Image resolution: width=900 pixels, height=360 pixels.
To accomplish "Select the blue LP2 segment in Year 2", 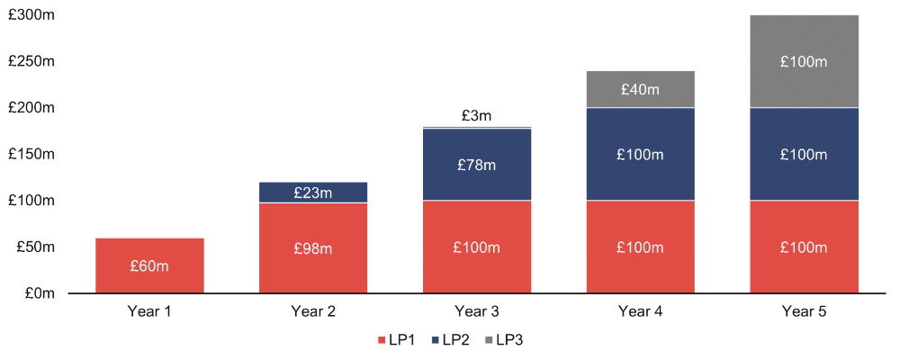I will click(x=313, y=185).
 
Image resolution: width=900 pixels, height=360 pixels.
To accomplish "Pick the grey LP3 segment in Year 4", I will click(x=640, y=77).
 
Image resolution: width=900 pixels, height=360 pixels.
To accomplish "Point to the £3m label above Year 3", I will click(x=477, y=116).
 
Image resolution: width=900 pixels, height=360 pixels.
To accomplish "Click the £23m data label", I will click(x=313, y=193).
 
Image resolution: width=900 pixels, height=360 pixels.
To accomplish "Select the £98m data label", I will click(x=313, y=248).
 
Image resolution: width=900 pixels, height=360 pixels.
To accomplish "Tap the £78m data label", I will click(x=477, y=166).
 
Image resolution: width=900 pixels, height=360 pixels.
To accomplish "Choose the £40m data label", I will click(x=640, y=90).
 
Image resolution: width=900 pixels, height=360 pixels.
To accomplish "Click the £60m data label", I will click(x=150, y=266).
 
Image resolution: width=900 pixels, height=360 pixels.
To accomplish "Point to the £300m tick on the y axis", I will click(x=31, y=15).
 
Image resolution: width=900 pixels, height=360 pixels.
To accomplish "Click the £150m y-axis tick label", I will click(x=31, y=155).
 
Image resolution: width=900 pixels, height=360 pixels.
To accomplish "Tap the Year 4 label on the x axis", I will click(x=640, y=312).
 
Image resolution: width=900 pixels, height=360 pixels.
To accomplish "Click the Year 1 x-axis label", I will click(x=150, y=312).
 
